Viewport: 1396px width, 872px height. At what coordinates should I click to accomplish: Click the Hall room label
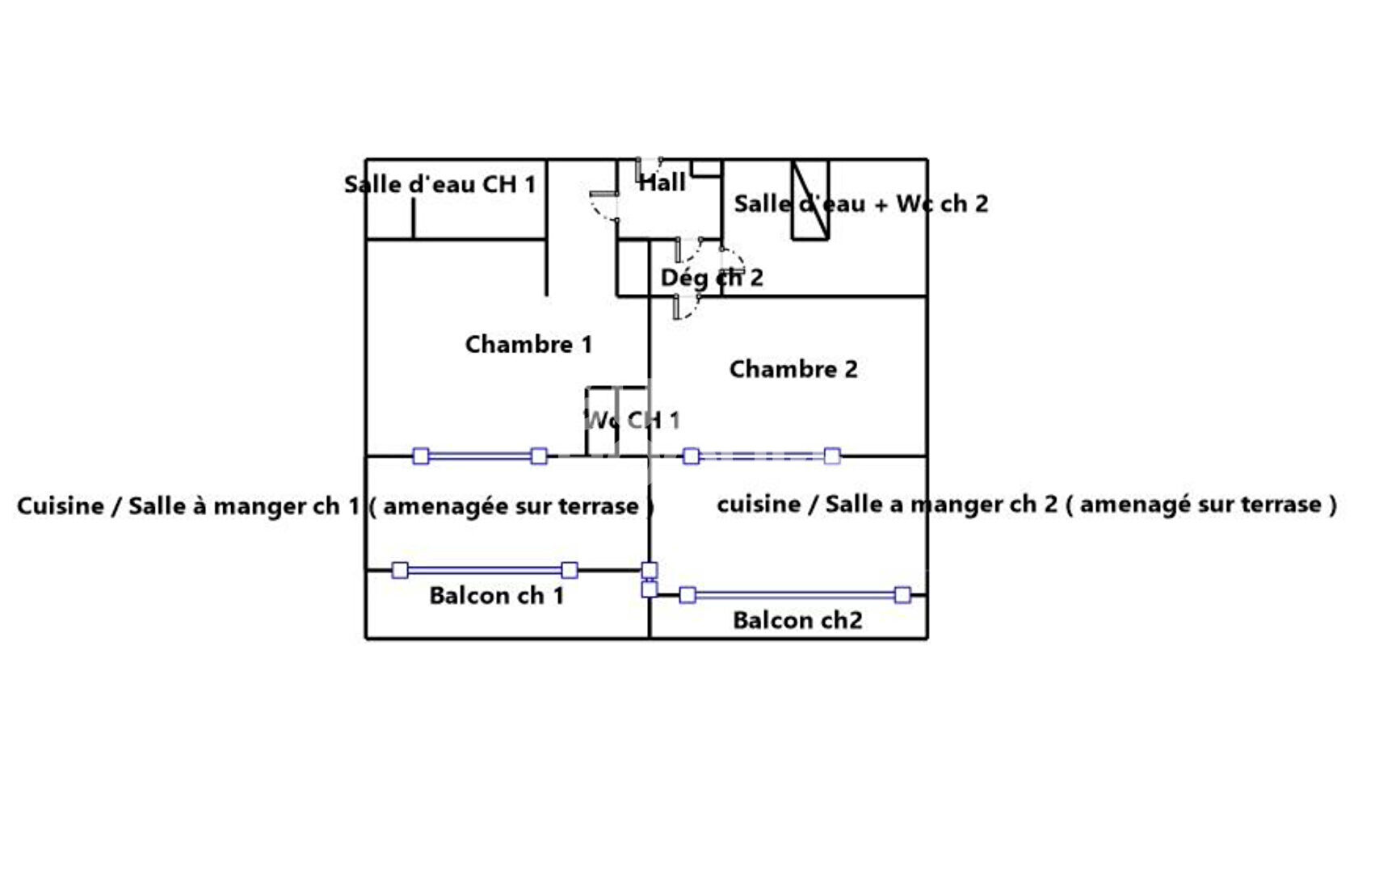pyautogui.click(x=662, y=183)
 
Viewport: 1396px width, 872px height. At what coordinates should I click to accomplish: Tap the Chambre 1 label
pyautogui.click(x=528, y=345)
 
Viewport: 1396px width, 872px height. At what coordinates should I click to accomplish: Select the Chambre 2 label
pyautogui.click(x=793, y=370)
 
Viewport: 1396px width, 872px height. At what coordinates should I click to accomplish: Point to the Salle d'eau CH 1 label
pyautogui.click(x=439, y=185)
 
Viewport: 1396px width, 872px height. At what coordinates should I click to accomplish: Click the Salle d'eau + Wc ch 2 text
pyautogui.click(x=860, y=204)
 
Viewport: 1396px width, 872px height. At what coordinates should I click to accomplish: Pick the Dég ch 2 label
pyautogui.click(x=711, y=278)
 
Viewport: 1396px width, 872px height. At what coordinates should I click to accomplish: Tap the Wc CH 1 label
pyautogui.click(x=632, y=420)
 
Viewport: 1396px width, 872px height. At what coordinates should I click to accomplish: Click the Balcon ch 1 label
pyautogui.click(x=496, y=596)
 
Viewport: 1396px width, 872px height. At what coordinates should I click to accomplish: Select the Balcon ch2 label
pyautogui.click(x=797, y=621)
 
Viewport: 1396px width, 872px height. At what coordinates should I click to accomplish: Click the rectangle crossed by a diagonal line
pyautogui.click(x=810, y=200)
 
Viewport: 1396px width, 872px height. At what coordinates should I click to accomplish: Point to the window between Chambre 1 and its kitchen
pyautogui.click(x=480, y=456)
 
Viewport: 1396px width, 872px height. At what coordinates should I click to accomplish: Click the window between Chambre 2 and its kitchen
pyautogui.click(x=761, y=456)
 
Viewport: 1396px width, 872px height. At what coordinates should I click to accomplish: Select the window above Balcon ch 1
pyautogui.click(x=485, y=570)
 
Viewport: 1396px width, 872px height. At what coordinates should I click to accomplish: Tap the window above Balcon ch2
pyautogui.click(x=795, y=595)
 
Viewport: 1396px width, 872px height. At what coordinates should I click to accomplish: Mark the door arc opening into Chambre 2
pyautogui.click(x=687, y=308)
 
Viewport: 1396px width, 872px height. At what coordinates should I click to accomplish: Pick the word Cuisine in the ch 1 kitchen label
pyautogui.click(x=61, y=506)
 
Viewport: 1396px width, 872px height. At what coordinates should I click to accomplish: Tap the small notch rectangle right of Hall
pyautogui.click(x=705, y=168)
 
